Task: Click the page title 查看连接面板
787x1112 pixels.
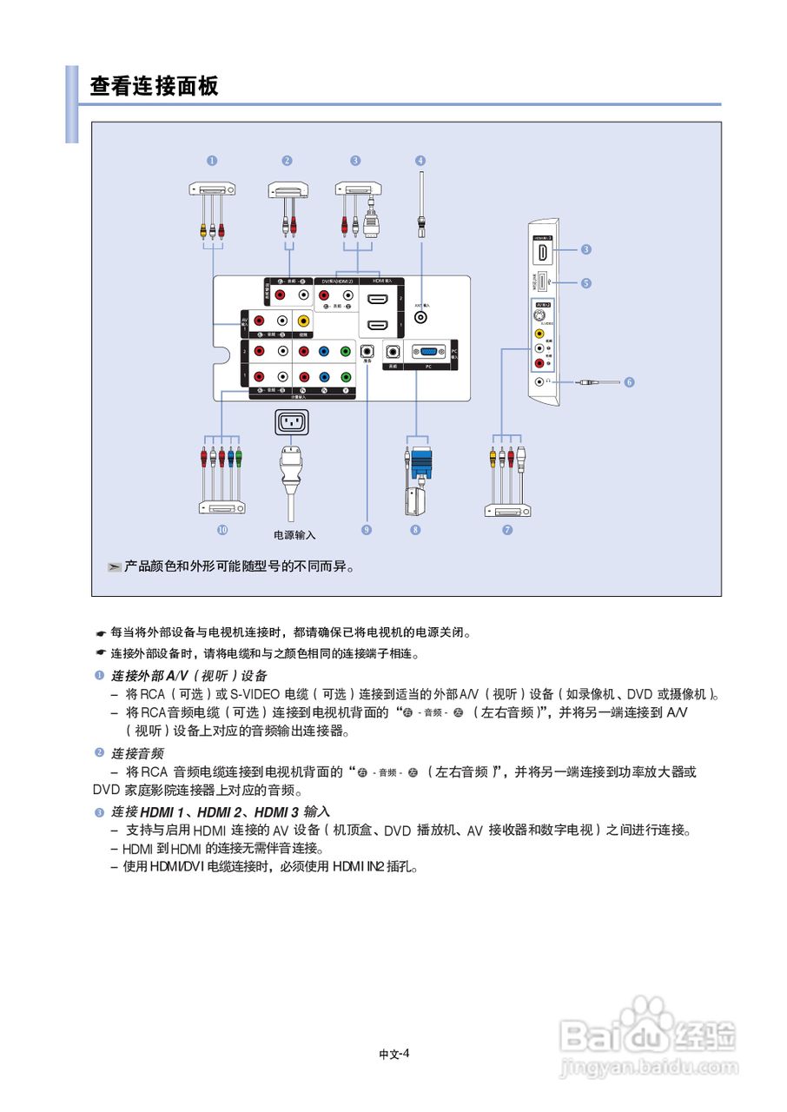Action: coord(155,86)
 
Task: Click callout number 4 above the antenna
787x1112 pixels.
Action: coord(420,161)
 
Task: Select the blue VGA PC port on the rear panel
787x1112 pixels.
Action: coord(427,352)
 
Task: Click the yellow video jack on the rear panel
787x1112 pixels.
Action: coord(303,322)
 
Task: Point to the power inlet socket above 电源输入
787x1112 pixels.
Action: coord(292,423)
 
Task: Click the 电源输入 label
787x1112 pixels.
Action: coord(294,535)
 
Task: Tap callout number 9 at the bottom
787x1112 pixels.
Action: coord(367,530)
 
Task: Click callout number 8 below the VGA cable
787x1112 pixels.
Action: coord(416,530)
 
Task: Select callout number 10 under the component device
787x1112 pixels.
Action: coord(222,530)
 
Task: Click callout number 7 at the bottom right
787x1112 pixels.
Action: coord(507,530)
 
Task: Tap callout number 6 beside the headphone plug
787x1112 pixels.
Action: coord(630,381)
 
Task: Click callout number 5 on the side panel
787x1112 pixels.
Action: coord(586,282)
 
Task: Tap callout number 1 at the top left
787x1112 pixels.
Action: coord(212,161)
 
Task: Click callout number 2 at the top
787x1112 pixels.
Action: coord(287,161)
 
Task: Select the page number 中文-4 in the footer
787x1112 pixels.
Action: coord(393,1054)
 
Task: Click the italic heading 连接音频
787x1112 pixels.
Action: coord(136,753)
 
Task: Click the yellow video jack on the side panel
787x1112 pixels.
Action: coord(539,333)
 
